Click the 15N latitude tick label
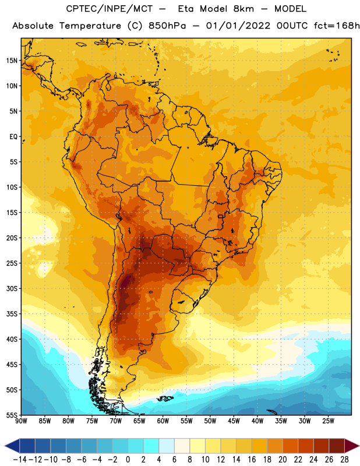point(12,61)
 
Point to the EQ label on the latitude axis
point(13,136)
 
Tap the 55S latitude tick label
point(12,415)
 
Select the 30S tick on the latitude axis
point(12,288)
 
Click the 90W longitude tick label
point(21,421)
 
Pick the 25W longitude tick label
point(328,421)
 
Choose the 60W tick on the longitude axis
point(163,421)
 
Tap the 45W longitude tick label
point(234,421)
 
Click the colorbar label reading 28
point(344,460)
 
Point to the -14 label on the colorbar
point(20,460)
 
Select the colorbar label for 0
point(128,460)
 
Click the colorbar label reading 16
point(252,460)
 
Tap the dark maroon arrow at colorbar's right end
point(351,446)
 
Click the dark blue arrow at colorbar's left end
point(12,446)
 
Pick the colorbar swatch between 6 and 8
point(182,446)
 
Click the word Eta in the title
point(186,9)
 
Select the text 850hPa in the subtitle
point(167,26)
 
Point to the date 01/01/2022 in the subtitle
point(238,26)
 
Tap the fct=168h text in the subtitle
point(337,26)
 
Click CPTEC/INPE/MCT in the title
point(109,9)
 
